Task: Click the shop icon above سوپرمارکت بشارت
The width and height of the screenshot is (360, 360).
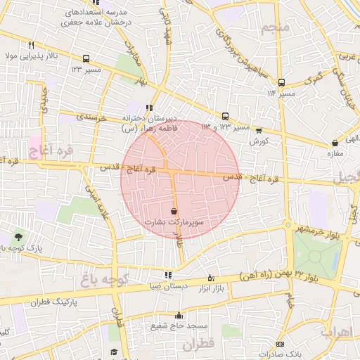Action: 174,211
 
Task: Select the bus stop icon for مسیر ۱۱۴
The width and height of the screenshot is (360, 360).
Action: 281,82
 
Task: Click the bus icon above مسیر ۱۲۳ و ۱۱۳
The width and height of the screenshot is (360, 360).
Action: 225,116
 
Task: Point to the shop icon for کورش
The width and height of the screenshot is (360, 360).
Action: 259,130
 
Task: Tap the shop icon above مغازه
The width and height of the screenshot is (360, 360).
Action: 334,143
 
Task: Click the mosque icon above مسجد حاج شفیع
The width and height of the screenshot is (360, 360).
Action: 179,316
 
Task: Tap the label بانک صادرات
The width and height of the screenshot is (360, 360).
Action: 280,354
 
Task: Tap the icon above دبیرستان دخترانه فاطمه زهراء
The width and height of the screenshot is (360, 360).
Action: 148,108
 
